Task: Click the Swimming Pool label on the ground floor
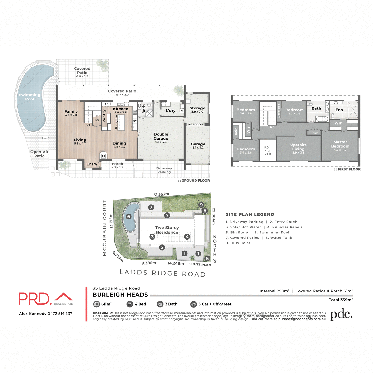(x=30, y=97)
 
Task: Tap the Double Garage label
(x=161, y=136)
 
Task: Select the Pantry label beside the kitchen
(x=104, y=115)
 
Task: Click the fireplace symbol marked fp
(x=104, y=156)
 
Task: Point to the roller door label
(x=196, y=124)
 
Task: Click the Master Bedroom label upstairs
(x=340, y=144)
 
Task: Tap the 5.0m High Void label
(x=268, y=150)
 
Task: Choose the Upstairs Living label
(x=298, y=147)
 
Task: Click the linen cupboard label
(x=315, y=133)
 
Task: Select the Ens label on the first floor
(x=339, y=110)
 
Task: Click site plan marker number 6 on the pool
(x=129, y=217)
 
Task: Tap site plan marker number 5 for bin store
(x=207, y=258)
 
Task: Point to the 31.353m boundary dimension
(x=161, y=195)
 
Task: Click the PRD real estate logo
(x=46, y=299)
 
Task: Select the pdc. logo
(x=341, y=315)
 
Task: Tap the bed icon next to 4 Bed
(x=130, y=304)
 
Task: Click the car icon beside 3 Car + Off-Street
(x=193, y=304)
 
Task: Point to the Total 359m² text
(x=341, y=300)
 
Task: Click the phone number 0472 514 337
(x=60, y=314)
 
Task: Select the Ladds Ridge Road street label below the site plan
(x=163, y=273)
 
